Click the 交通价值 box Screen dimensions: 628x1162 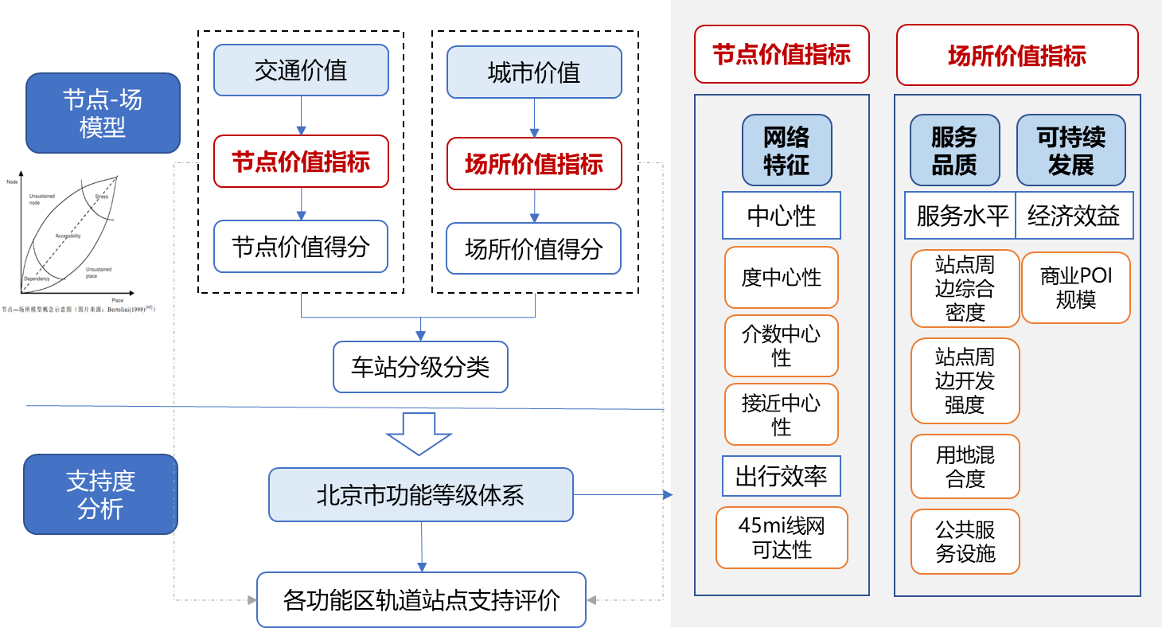click(x=301, y=70)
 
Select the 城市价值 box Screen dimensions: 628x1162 click(x=533, y=72)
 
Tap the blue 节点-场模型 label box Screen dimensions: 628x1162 click(x=103, y=113)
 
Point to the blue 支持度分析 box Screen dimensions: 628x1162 click(x=100, y=494)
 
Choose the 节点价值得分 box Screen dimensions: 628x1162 click(x=301, y=247)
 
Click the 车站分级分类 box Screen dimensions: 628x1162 click(x=420, y=367)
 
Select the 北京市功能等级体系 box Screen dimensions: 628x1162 click(x=420, y=495)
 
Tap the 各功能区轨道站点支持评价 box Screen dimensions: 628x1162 click(x=421, y=599)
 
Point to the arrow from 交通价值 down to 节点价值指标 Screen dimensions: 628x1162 click(x=301, y=115)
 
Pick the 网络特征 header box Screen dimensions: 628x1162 click(x=786, y=150)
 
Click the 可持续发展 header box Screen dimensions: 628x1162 click(x=1070, y=150)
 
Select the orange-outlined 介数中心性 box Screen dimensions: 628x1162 click(x=781, y=346)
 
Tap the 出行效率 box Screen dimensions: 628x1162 click(x=781, y=476)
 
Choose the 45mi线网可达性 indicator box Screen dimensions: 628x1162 click(x=781, y=537)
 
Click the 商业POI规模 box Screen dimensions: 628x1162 click(x=1075, y=288)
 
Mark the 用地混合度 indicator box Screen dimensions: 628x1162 click(x=965, y=466)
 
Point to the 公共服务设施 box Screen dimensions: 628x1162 click(x=965, y=541)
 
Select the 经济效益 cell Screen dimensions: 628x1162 click(x=1074, y=215)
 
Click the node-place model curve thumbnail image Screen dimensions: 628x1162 click(x=88, y=242)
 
